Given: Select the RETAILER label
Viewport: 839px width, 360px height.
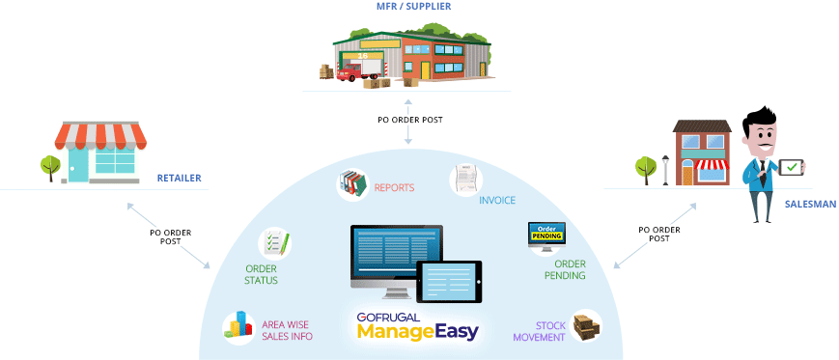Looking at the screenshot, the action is pyautogui.click(x=179, y=179).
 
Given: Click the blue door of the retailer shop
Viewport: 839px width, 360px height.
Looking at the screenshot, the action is pyautogui.click(x=78, y=165).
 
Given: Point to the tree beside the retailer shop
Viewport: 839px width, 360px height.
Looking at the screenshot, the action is pyautogui.click(x=50, y=167).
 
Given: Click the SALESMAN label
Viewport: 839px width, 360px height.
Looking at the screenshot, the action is pyautogui.click(x=802, y=204).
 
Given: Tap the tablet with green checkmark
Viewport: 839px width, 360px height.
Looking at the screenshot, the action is pyautogui.click(x=792, y=168).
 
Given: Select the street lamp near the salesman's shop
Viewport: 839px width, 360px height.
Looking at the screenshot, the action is pyautogui.click(x=665, y=170).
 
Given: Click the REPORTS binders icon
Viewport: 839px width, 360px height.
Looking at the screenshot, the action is pyautogui.click(x=353, y=183).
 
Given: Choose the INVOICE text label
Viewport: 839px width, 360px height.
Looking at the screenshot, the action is pyautogui.click(x=497, y=201).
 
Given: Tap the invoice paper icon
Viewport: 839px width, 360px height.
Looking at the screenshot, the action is pyautogui.click(x=466, y=180).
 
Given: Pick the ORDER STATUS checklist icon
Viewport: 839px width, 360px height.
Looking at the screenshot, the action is pyautogui.click(x=274, y=244).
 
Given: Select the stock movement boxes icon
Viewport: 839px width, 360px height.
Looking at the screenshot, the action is pyautogui.click(x=586, y=326).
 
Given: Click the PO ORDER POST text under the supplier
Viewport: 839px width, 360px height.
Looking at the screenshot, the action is pyautogui.click(x=409, y=121).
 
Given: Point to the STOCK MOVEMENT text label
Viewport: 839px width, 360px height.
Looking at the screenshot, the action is pyautogui.click(x=539, y=331).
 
